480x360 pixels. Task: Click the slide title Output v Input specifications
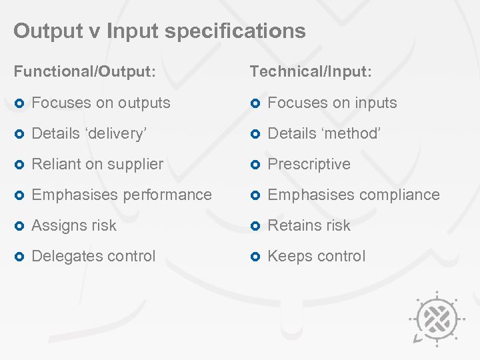(159, 31)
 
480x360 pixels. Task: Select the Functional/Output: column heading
(85, 71)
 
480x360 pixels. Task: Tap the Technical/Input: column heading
(311, 71)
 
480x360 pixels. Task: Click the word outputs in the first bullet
(143, 103)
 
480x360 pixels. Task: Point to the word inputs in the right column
(374, 103)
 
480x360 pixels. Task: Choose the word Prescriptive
(309, 164)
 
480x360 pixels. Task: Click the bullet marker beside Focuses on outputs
(20, 103)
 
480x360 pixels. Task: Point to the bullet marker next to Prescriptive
(256, 165)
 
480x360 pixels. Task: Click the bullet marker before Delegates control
(20, 257)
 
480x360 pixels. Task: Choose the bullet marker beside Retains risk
(256, 226)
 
